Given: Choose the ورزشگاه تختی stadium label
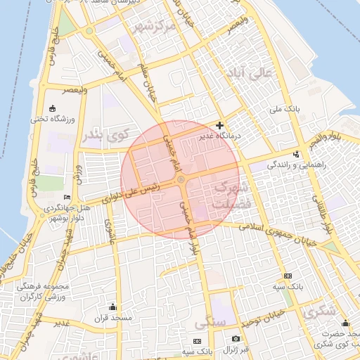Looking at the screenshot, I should tap(48, 119).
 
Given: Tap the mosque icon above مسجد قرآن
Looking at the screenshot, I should tap(113, 307).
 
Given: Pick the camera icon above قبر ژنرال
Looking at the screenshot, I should tap(236, 339).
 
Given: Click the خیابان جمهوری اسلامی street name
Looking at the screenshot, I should tap(280, 233).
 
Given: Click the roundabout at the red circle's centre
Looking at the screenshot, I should tap(181, 181).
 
